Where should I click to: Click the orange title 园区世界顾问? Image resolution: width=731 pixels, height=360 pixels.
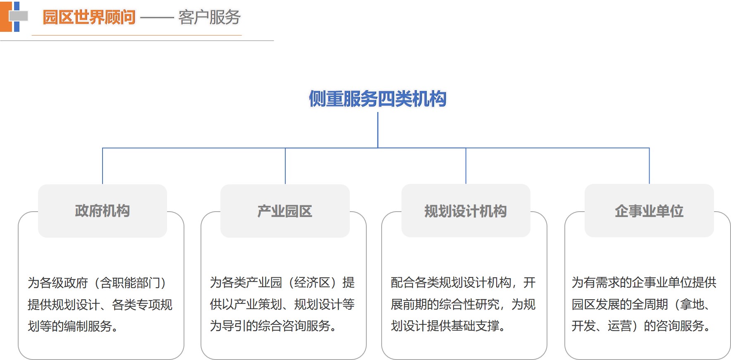click(89, 17)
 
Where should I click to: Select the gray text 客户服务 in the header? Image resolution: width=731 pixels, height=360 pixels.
click(209, 17)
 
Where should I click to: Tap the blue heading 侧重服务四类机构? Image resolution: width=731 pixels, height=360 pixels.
click(377, 99)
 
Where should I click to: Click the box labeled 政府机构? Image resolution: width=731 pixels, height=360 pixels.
click(103, 211)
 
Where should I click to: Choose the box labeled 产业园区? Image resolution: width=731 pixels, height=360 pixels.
click(285, 211)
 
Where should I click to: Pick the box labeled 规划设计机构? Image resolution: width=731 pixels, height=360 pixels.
click(466, 211)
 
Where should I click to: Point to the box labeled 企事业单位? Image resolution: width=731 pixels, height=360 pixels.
click(649, 211)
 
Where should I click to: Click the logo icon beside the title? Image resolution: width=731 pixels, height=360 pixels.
click(14, 17)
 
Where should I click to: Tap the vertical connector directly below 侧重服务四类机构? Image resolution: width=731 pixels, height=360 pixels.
click(377, 130)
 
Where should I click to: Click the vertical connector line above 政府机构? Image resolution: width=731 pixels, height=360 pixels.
click(103, 166)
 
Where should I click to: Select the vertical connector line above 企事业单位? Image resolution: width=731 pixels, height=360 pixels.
click(649, 166)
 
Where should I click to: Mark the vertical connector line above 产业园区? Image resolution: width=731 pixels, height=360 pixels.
click(285, 166)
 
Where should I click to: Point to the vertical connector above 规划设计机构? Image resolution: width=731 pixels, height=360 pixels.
click(466, 166)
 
